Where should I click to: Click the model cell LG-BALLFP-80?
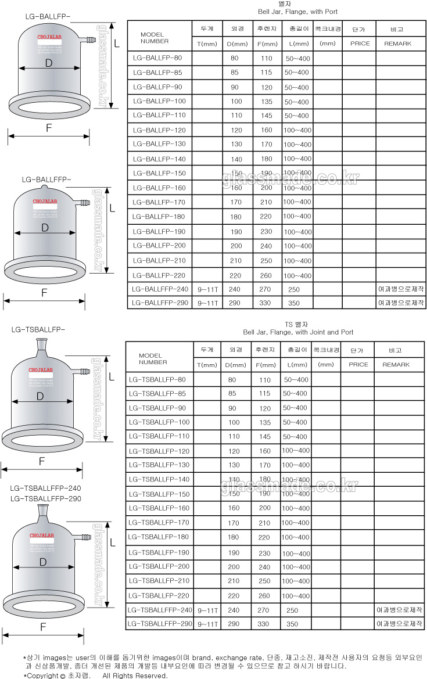click(x=157, y=58)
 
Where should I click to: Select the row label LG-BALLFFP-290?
click(x=160, y=303)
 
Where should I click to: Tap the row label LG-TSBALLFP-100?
click(x=158, y=422)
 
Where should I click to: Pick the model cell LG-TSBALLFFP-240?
click(x=159, y=610)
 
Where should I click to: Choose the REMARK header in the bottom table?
click(x=396, y=365)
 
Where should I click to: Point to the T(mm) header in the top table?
click(x=207, y=44)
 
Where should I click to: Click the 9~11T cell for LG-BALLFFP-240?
click(x=207, y=289)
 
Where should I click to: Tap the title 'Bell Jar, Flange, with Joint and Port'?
click(x=298, y=332)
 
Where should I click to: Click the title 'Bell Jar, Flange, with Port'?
click(x=297, y=12)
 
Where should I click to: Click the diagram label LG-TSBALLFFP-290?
click(x=46, y=499)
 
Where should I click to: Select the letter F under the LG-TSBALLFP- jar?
click(x=42, y=462)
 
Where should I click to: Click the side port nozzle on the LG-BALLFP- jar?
click(x=87, y=41)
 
